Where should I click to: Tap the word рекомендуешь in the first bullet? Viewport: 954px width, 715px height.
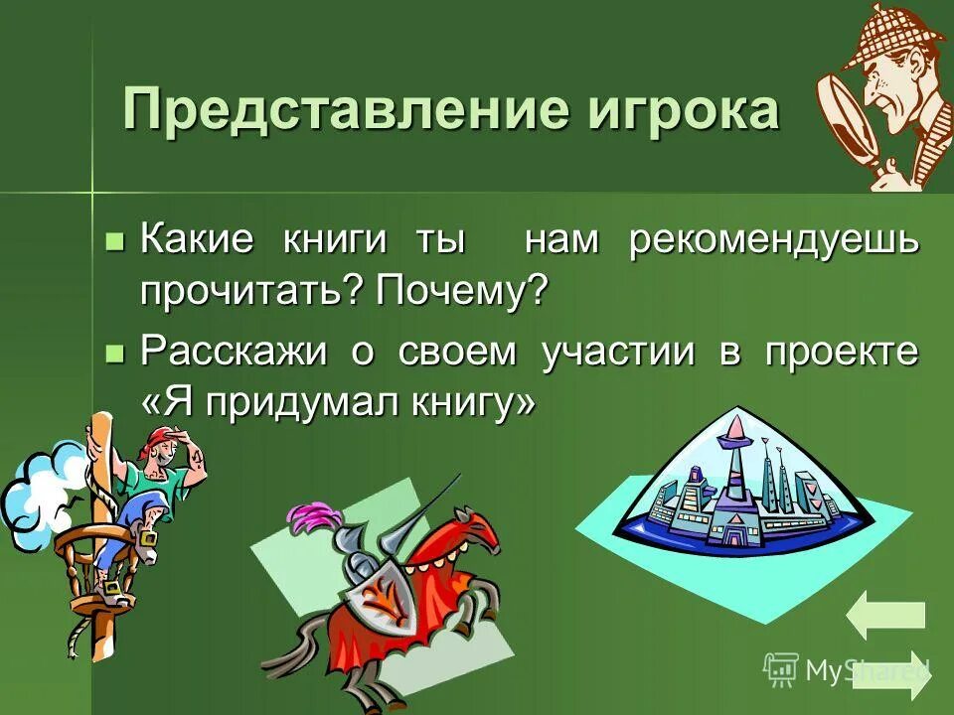(x=773, y=241)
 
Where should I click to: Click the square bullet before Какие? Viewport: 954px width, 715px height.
(x=115, y=241)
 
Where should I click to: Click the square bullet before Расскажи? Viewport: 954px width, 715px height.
(x=115, y=352)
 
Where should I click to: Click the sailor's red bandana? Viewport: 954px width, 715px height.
(x=158, y=439)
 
